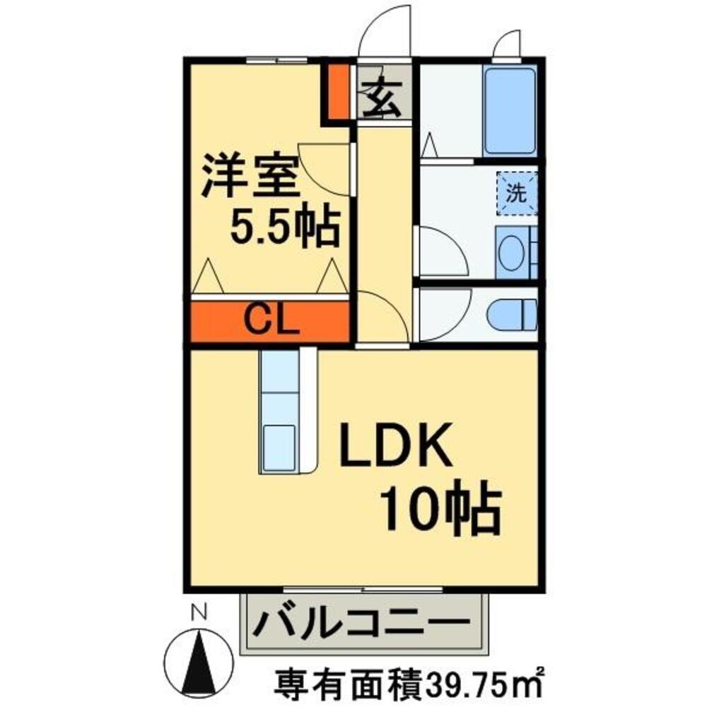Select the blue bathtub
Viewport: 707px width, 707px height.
click(x=511, y=111)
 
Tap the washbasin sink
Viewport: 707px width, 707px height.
click(x=510, y=252)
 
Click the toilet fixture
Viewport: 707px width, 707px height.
click(x=515, y=312)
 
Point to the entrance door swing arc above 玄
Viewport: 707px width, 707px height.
click(x=385, y=32)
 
